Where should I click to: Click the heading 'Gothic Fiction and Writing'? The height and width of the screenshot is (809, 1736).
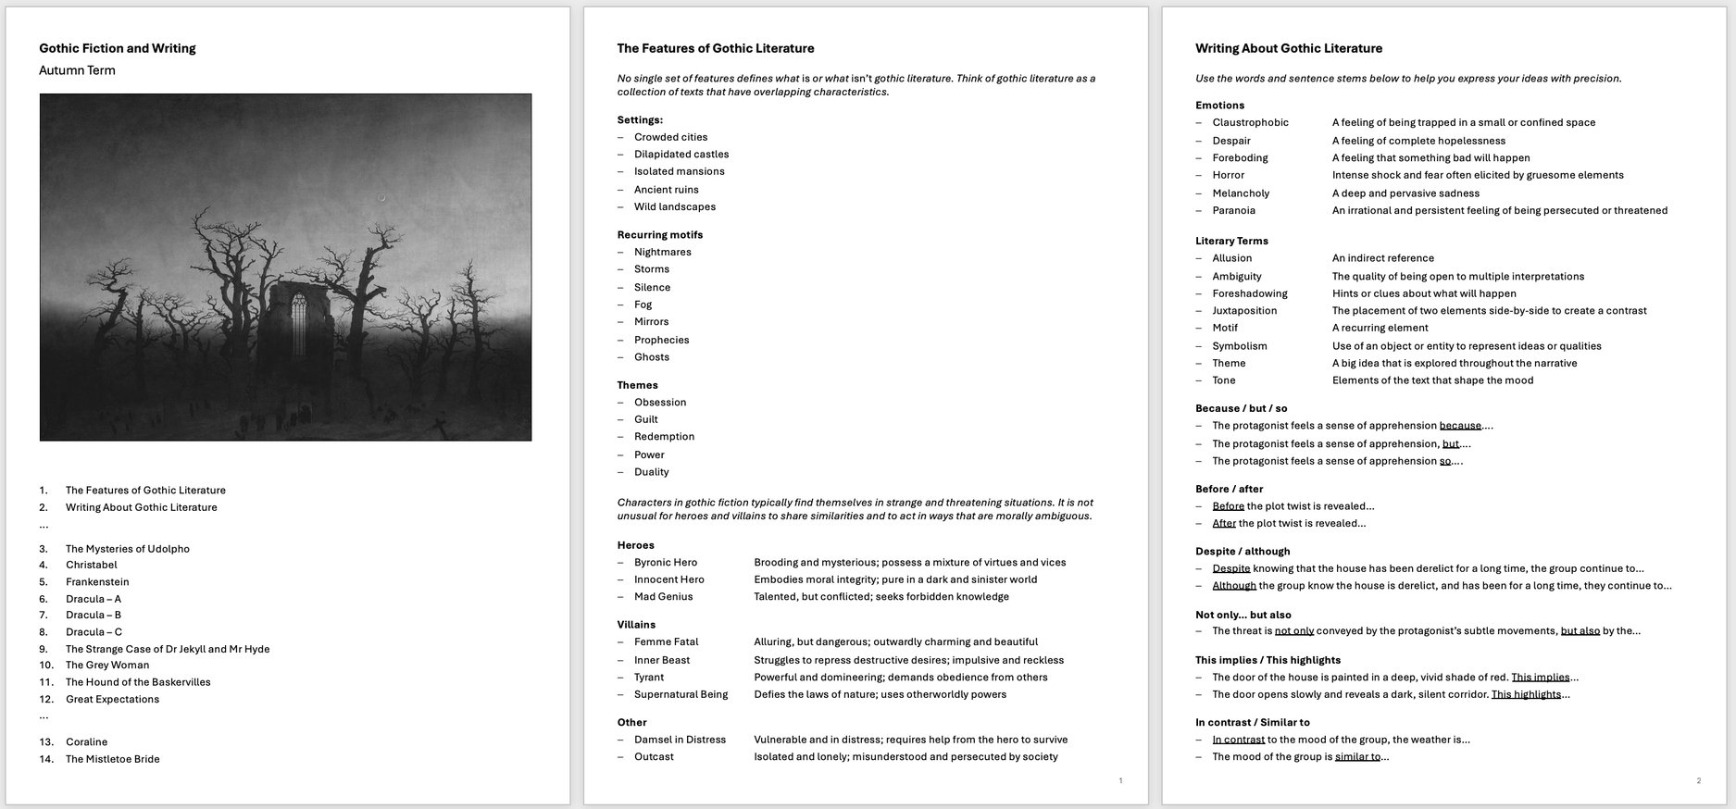(117, 48)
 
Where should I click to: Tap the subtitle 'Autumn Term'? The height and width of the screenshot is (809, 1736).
(77, 70)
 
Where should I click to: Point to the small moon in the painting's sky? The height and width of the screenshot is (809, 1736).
(381, 197)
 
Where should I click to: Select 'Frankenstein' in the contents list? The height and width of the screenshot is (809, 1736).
(97, 582)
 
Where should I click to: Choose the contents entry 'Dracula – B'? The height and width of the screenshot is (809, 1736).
(93, 615)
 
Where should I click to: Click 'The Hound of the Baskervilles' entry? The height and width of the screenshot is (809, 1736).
(138, 682)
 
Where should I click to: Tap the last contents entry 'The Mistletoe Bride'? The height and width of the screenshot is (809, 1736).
(112, 759)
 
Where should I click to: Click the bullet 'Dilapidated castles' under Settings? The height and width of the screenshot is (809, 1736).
(681, 155)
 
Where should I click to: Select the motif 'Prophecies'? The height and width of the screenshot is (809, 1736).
(661, 340)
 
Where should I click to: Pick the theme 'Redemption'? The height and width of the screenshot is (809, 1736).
(664, 437)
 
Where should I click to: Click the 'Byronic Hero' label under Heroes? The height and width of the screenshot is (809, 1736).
(665, 563)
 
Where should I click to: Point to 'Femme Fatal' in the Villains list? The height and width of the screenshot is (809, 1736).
(666, 642)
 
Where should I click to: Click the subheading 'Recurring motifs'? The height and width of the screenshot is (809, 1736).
(659, 235)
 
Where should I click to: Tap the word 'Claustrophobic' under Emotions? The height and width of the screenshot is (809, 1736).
(1250, 123)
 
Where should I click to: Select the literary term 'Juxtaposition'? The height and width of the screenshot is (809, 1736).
(1244, 311)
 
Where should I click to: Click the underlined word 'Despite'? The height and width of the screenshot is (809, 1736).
(1230, 569)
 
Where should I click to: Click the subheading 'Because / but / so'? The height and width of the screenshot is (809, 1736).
(1241, 408)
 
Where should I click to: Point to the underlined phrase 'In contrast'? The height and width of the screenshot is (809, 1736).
(1238, 740)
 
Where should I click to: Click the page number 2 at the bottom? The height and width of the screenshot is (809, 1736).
(1698, 781)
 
